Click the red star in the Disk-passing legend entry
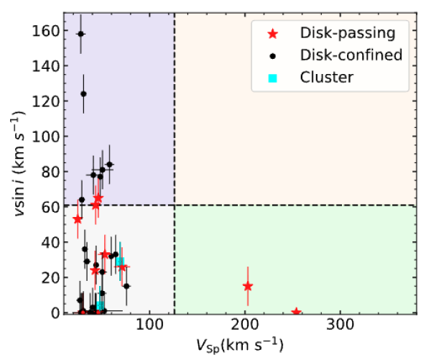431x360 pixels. pyautogui.click(x=272, y=33)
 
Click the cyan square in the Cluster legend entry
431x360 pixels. pyautogui.click(x=272, y=77)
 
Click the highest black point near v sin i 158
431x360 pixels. pyautogui.click(x=80, y=34)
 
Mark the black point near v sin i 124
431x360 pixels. pyautogui.click(x=83, y=93)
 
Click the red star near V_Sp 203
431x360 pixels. pyautogui.click(x=248, y=286)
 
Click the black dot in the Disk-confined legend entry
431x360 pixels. pyautogui.click(x=272, y=55)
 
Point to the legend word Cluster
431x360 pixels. pyautogui.click(x=328, y=77)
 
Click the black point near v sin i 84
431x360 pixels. pyautogui.click(x=109, y=165)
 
